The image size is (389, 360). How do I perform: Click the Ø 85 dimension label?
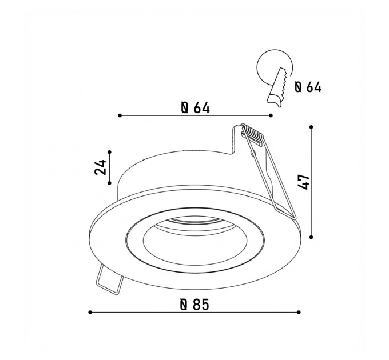coord(194,305)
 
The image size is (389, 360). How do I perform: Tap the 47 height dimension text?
coord(303,182)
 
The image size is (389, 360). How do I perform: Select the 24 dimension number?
coord(100,167)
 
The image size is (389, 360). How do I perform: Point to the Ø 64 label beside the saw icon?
coord(308,87)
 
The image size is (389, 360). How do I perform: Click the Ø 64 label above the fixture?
coord(196,108)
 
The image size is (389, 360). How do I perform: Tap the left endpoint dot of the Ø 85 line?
coord(90,313)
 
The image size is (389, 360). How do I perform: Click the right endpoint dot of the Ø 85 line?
coord(299,313)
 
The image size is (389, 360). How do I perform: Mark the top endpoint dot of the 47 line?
coord(311,127)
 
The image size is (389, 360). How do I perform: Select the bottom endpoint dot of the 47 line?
coord(311,237)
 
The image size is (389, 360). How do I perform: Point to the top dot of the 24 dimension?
coord(109,152)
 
